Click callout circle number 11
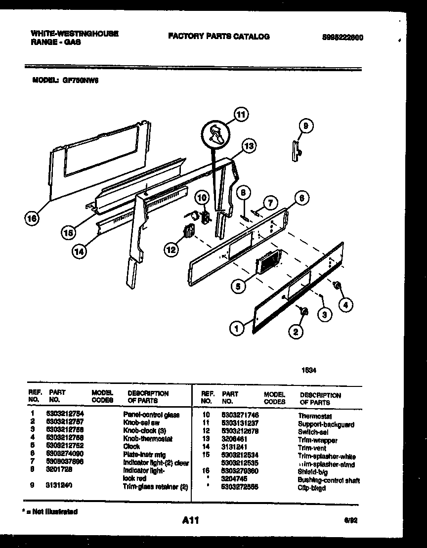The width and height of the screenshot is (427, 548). (240, 115)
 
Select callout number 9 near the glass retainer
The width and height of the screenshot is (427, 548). (305, 126)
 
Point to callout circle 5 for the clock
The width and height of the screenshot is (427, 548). (238, 286)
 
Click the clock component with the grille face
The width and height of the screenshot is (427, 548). (267, 260)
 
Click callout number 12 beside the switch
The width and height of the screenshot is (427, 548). (171, 250)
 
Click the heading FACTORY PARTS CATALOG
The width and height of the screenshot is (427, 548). (219, 36)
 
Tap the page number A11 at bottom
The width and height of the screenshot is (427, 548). (190, 520)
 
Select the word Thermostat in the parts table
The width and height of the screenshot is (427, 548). (315, 417)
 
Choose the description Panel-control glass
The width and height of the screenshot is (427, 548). (151, 415)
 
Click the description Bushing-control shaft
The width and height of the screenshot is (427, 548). (329, 480)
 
